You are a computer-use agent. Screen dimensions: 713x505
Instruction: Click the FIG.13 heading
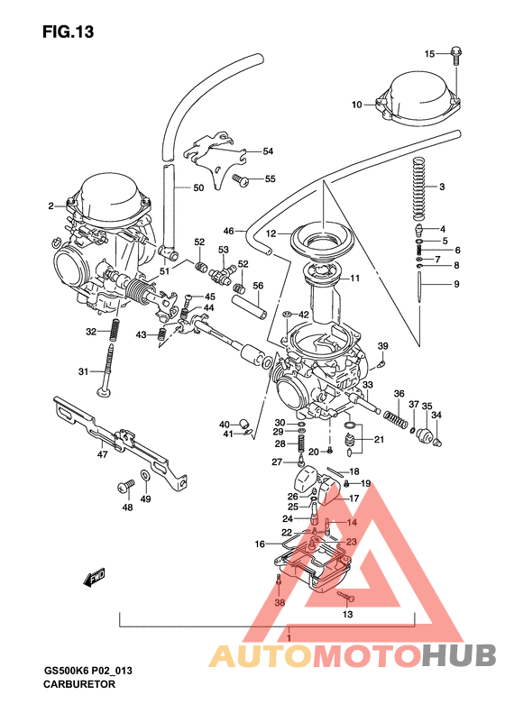pos(68,32)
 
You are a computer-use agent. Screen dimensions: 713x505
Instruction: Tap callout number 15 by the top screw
pos(430,54)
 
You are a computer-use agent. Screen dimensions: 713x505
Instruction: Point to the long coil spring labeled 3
pos(418,187)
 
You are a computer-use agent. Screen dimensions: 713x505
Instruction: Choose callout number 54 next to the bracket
pos(267,151)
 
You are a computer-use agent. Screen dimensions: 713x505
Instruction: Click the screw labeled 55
pos(241,180)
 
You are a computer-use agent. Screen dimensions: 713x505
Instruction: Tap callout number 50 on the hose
pos(198,188)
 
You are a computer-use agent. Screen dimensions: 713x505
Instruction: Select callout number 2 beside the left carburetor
pos(51,206)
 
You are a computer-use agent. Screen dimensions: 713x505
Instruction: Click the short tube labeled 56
pos(252,305)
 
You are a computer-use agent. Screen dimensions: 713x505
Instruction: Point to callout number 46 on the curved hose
pos(228,231)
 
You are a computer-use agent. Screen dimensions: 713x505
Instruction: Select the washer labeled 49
pos(145,474)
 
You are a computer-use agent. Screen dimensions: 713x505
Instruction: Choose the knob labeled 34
pos(431,439)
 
